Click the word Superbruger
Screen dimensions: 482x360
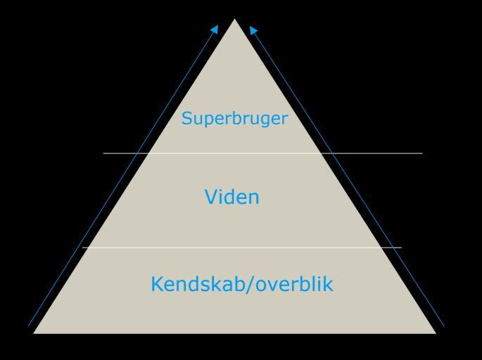[x=234, y=118]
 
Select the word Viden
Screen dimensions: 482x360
[x=232, y=197]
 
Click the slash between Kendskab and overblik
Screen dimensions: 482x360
[x=247, y=285]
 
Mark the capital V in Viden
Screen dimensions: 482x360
[x=210, y=197]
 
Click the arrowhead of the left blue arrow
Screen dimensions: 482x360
[x=215, y=28]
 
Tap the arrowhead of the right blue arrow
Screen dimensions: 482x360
[x=253, y=30]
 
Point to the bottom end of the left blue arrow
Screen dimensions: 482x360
[x=29, y=326]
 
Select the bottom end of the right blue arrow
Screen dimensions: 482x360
[x=444, y=326]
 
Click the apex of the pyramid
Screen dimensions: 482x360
[x=234, y=19]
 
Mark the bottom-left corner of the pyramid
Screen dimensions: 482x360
[x=34, y=333]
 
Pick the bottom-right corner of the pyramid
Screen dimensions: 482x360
[x=436, y=333]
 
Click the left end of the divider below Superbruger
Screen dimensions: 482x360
[x=103, y=153]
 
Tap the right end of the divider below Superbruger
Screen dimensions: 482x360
[x=422, y=153]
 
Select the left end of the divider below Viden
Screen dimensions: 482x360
[x=82, y=247]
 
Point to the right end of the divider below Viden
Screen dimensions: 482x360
[x=401, y=247]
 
